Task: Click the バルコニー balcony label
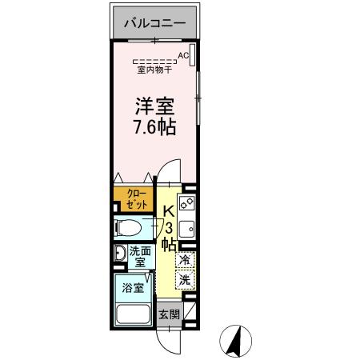click(154, 23)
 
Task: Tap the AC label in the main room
click(183, 55)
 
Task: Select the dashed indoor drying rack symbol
click(154, 61)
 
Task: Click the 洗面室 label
click(138, 255)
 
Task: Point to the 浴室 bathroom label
click(133, 286)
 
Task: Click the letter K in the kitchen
click(169, 212)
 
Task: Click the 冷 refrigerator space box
click(184, 261)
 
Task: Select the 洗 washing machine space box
click(184, 280)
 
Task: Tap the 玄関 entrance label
click(168, 314)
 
